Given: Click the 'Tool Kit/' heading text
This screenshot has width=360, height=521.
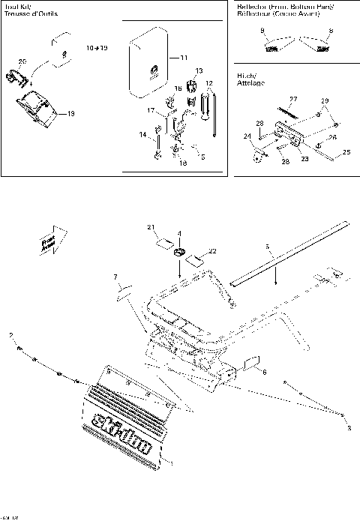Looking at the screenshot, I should (x=16, y=6).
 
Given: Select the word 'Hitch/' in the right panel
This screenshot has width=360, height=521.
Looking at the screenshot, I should (x=247, y=76).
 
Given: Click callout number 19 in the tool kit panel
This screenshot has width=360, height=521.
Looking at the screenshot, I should (x=71, y=114).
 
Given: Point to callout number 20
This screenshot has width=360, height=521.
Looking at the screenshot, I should (x=22, y=61).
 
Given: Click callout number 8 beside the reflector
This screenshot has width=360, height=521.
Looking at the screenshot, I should (x=331, y=31).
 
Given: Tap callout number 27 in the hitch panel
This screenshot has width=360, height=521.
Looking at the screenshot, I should (x=293, y=99).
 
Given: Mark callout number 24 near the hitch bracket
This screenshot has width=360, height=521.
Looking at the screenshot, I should (x=245, y=136).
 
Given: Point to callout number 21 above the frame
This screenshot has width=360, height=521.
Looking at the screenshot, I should (x=150, y=227).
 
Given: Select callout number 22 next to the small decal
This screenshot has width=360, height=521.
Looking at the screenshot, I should (x=212, y=251).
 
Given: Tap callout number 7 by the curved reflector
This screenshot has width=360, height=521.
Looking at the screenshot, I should (x=115, y=278).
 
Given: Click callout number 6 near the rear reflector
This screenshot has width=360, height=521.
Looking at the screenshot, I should (x=263, y=370).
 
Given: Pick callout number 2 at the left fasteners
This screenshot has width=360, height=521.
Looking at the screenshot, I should (x=10, y=334).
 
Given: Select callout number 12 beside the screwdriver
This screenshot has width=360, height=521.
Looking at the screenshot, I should (x=210, y=82).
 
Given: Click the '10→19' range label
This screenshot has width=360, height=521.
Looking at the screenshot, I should (x=97, y=47).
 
